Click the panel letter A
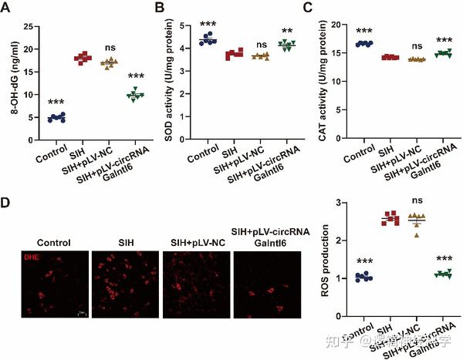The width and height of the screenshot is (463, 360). pos(9,9)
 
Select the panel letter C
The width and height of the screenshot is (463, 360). pos(313,9)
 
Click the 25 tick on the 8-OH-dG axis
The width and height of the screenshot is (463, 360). pos(27,27)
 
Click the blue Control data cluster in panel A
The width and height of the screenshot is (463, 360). pos(56,118)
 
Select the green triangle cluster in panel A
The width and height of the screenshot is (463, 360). pos(135,95)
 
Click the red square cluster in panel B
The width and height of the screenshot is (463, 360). pos(234,54)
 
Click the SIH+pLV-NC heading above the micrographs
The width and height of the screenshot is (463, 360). pos(197,243)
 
